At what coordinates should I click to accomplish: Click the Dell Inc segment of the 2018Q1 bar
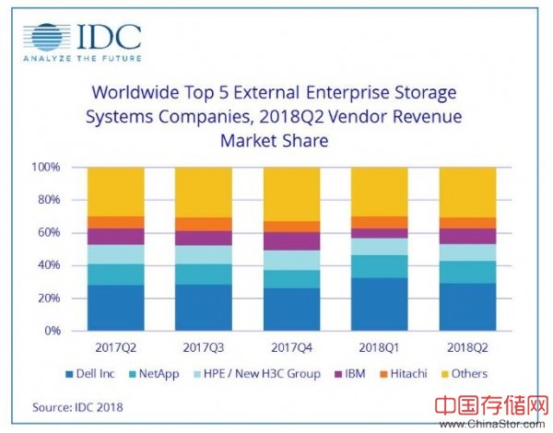coord(380,304)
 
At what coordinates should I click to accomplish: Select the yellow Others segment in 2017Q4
coord(291,193)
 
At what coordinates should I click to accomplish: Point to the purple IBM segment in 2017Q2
coord(115,236)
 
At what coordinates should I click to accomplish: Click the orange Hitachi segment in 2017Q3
coord(204,224)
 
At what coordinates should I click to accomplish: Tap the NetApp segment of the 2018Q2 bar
coord(467,272)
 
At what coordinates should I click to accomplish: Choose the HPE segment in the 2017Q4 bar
coord(291,260)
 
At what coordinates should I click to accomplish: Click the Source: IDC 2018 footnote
coord(78,405)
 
